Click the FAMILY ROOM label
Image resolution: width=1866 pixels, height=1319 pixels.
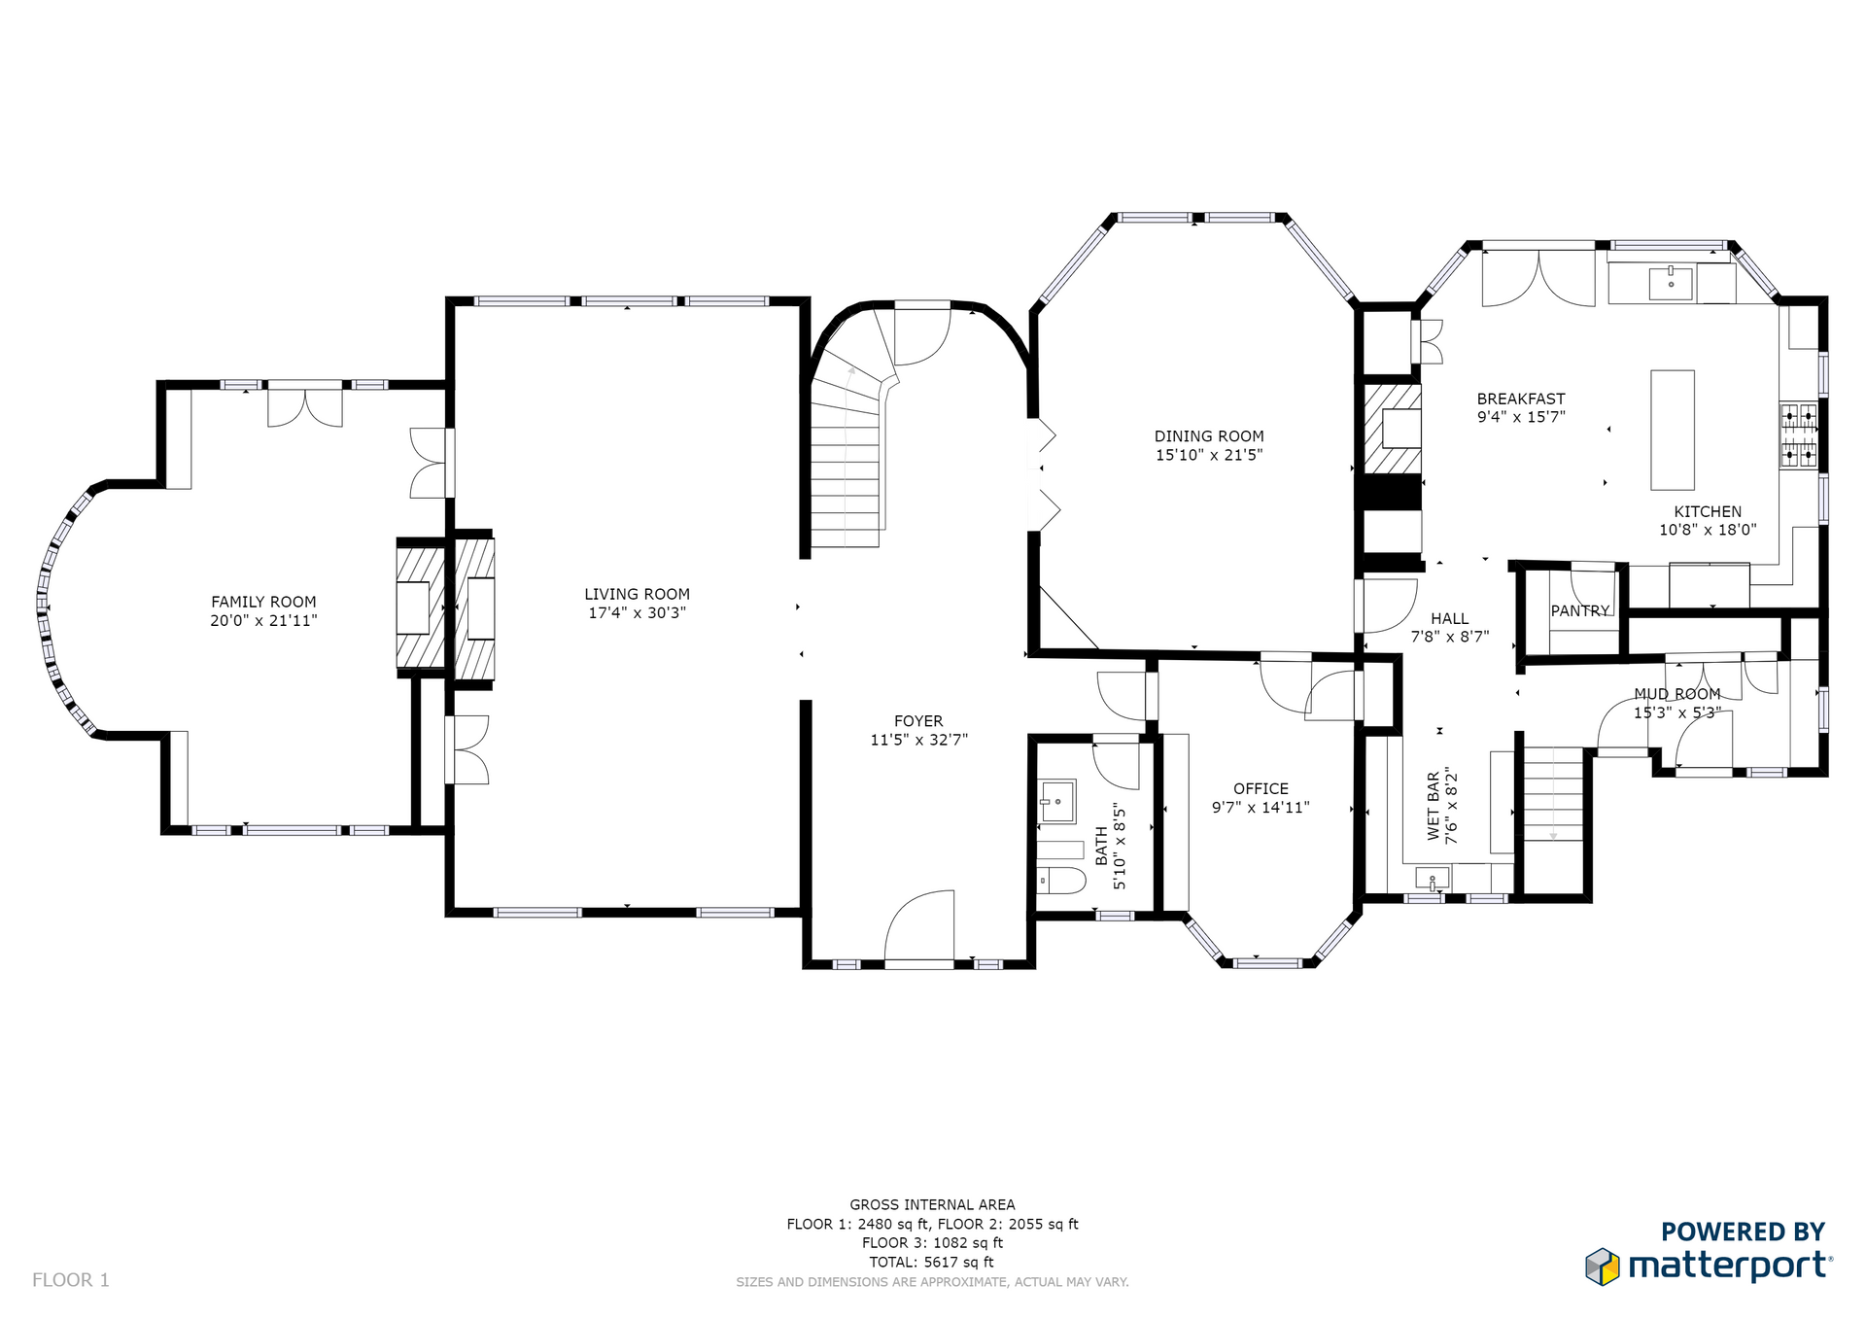[263, 602]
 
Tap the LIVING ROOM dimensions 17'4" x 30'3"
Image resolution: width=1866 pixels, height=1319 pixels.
[637, 613]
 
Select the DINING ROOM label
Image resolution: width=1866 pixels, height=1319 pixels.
[1209, 436]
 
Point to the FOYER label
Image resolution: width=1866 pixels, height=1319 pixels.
[918, 721]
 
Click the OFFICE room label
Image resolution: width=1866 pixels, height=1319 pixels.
[1261, 789]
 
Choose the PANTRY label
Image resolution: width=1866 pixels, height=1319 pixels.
[1580, 610]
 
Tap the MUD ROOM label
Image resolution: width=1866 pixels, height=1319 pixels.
[1676, 694]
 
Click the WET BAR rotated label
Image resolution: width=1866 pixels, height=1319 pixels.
[1434, 806]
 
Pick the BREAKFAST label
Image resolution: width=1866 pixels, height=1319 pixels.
[1521, 399]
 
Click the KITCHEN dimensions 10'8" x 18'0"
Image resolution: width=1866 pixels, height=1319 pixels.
[1708, 531]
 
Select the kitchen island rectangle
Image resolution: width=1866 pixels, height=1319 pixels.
[1673, 430]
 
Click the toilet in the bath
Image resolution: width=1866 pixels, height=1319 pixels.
[1060, 881]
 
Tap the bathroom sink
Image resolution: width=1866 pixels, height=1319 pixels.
[1056, 802]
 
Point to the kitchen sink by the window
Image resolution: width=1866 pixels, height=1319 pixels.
[1671, 284]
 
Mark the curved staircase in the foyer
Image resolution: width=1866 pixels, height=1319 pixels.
[847, 447]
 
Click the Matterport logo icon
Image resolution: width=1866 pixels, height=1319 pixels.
[1603, 1267]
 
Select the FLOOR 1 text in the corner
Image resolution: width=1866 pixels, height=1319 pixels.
[71, 1280]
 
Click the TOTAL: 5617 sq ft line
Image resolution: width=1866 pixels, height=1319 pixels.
[931, 1263]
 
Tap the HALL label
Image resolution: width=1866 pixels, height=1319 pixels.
[1449, 618]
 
